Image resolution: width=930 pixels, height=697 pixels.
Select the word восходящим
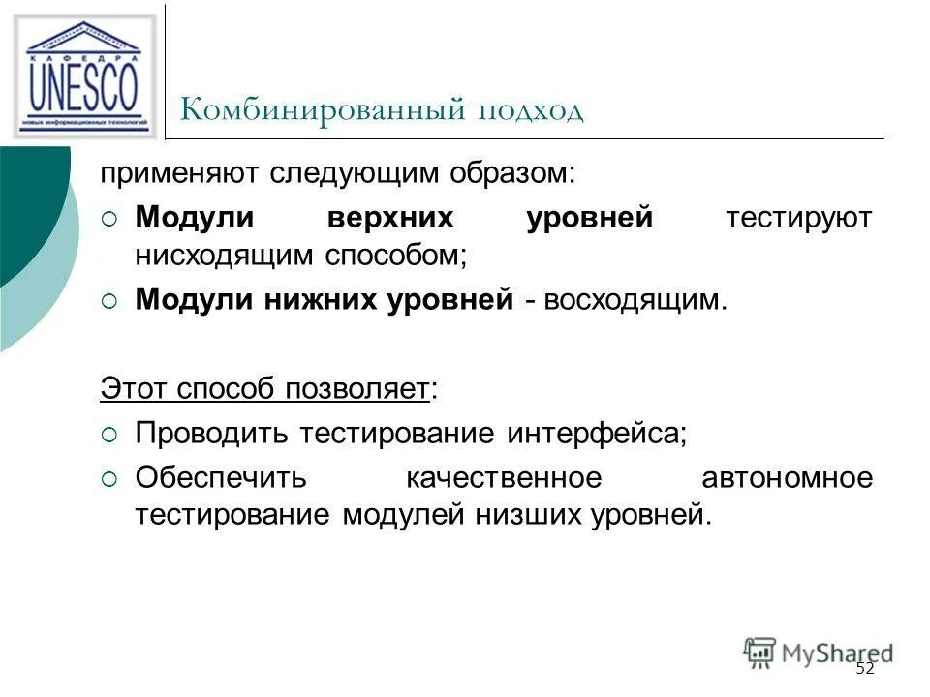pos(634,299)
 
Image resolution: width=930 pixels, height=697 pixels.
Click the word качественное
pos(504,477)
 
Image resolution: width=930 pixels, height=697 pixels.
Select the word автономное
pos(786,477)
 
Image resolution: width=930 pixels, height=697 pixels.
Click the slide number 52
pos(865,670)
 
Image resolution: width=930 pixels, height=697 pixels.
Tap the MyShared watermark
pos(818,652)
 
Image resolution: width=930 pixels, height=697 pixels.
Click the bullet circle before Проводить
pos(108,434)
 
